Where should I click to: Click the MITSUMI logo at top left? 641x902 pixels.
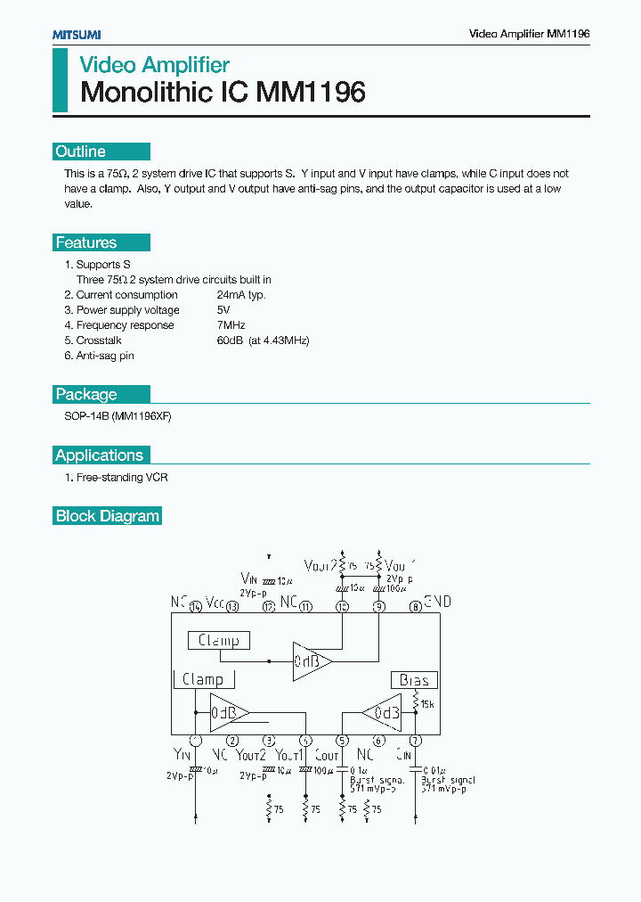click(76, 34)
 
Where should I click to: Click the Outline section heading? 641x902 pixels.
click(81, 152)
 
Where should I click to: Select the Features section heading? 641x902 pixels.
click(86, 242)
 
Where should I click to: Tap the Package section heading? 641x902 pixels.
click(86, 394)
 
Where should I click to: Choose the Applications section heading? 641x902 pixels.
click(99, 455)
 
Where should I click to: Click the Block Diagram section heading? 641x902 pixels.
click(108, 516)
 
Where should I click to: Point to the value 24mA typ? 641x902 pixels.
click(241, 295)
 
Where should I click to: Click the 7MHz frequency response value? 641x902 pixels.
click(231, 325)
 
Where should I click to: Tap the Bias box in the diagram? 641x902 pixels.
click(414, 680)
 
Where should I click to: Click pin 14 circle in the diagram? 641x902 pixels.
click(196, 607)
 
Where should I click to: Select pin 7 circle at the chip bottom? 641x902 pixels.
click(415, 741)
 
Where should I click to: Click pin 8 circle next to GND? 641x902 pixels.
click(415, 607)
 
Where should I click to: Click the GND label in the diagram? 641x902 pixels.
click(437, 602)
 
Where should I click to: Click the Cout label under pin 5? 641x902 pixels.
click(327, 756)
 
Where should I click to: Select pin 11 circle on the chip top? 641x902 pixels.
click(305, 607)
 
